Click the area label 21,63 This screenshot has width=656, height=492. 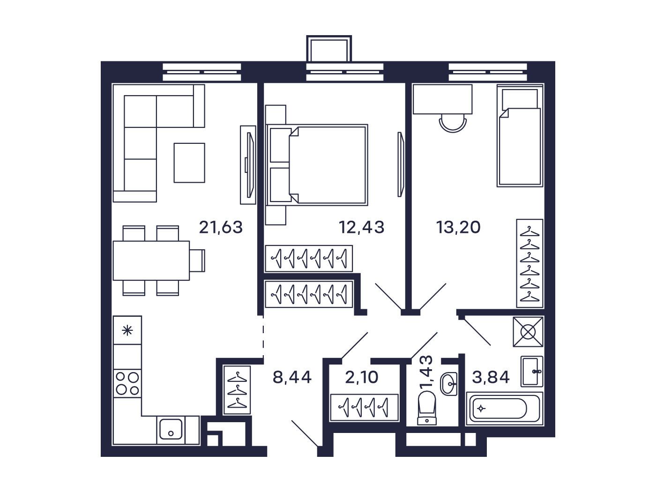click(221, 227)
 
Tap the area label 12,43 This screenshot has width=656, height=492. click(362, 227)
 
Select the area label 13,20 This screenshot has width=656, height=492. click(458, 227)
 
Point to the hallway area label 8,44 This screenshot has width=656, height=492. click(292, 377)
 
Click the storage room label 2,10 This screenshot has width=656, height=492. click(362, 377)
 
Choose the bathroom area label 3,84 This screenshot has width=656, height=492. click(491, 377)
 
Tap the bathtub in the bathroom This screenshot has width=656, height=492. click(505, 408)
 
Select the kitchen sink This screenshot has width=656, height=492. click(171, 429)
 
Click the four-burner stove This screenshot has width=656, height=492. click(127, 383)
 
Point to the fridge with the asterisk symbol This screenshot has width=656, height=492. click(127, 330)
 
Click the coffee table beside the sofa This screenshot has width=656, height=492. click(189, 163)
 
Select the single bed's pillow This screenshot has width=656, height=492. click(520, 99)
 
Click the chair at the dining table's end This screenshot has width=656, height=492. click(197, 261)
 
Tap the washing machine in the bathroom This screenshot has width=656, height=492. click(528, 332)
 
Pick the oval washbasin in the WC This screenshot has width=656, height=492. click(448, 384)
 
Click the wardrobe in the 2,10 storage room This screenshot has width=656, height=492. click(364, 408)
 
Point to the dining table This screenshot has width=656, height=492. click(151, 261)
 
